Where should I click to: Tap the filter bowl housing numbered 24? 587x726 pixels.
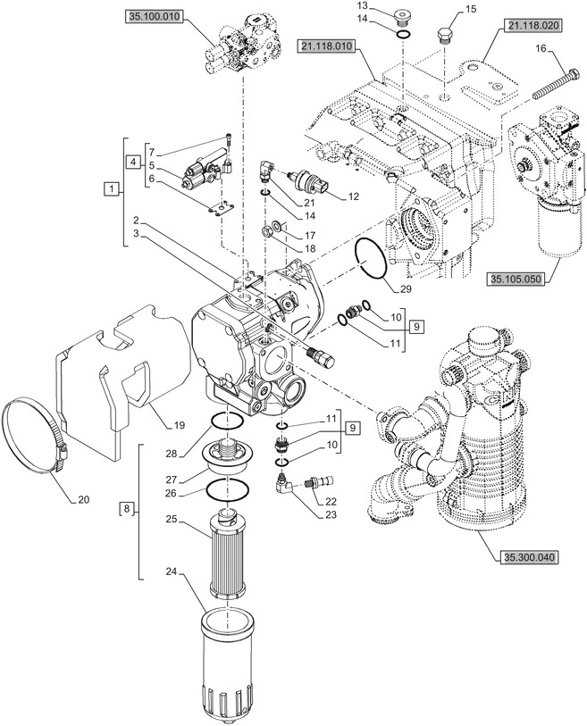229,661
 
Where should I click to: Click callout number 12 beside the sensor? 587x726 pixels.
354,196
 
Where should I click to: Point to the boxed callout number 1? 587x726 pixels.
110,188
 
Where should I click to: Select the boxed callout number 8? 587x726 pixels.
125,510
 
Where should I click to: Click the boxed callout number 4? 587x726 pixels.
132,163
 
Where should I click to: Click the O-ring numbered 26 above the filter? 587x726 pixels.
227,489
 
